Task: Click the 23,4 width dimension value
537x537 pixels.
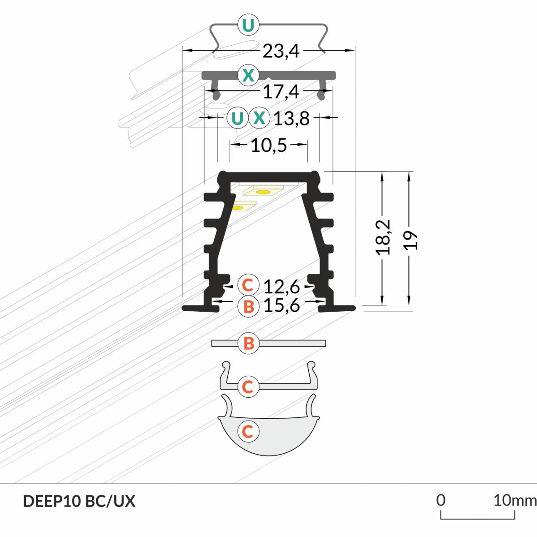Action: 281,52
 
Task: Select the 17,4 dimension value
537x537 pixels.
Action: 281,92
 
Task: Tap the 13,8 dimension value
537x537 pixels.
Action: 291,118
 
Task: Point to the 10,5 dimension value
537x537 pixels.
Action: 268,145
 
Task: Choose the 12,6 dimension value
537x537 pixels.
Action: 281,287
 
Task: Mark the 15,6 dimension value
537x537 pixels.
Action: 281,305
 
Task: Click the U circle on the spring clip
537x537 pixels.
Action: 248,26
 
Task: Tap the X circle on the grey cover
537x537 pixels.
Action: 248,75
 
